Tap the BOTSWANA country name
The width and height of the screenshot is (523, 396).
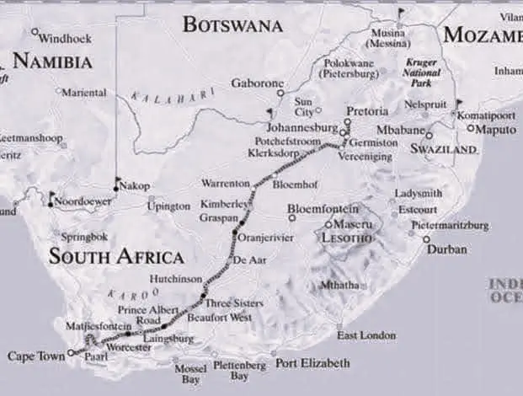232,24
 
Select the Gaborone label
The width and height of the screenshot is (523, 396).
259,83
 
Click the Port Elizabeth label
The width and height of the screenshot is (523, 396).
312,363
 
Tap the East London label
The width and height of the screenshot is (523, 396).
366,335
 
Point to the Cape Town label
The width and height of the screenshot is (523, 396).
35,356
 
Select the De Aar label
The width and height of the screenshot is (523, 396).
249,260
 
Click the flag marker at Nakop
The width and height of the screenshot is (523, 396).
116,179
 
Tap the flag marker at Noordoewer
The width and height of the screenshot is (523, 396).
52,198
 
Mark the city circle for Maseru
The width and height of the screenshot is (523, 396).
328,225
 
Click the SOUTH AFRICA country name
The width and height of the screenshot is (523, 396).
115,257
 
